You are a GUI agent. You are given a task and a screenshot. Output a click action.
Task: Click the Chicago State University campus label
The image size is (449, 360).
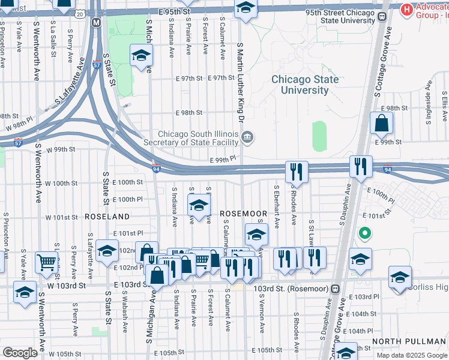pos(304,85)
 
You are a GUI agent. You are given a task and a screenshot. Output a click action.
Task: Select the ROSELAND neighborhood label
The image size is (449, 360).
pos(107,216)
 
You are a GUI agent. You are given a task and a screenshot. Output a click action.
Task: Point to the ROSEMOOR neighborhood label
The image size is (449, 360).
pos(243,214)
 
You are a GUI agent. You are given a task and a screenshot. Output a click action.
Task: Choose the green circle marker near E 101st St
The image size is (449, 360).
pos(363,233)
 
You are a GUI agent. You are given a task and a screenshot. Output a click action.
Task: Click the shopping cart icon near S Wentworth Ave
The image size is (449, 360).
pos(46,261)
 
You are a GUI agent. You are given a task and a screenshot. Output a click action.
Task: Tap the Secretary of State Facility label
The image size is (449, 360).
pos(198,139)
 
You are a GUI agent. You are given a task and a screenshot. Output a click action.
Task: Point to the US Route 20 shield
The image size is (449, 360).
pos(80,13)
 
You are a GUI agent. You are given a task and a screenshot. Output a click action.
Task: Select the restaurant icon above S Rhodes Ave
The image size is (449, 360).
pos(296,170)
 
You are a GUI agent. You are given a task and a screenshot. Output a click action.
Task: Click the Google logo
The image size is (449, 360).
pos(19,353)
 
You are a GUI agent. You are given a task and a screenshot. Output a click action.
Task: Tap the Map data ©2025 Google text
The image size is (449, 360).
pos(412,355)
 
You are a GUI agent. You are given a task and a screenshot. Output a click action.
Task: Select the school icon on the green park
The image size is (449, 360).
pos(141,55)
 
